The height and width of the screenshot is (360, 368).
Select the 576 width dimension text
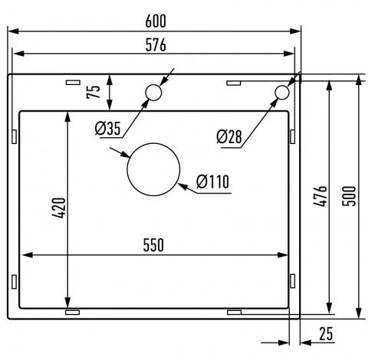tap(154, 44)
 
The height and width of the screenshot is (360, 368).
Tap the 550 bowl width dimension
tap(153, 244)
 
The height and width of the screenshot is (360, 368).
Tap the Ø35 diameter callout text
tap(108, 129)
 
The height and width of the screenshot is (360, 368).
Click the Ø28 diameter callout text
tap(228, 136)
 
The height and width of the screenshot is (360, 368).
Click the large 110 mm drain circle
tap(153, 169)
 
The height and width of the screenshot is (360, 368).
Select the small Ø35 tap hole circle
tap(153, 93)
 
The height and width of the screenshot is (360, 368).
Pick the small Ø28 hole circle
tap(281, 93)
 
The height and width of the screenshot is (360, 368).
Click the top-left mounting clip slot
tap(74, 80)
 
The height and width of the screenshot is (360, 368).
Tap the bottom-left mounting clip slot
tap(74, 313)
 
